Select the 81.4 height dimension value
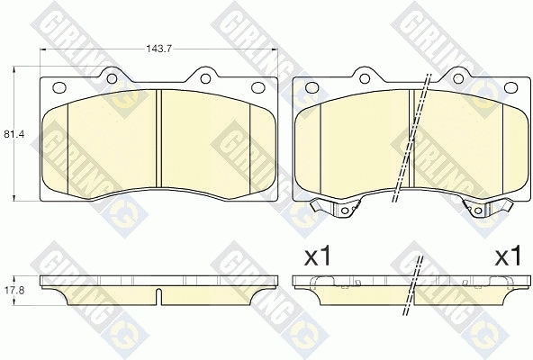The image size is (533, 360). pyautogui.click(x=13, y=134)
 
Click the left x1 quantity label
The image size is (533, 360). pyautogui.click(x=318, y=256)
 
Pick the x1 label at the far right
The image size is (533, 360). pyautogui.click(x=508, y=256)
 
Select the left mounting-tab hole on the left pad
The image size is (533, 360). pyautogui.click(x=111, y=75)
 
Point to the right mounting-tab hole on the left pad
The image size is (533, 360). pyautogui.click(x=206, y=75)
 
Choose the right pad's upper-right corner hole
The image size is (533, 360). pyautogui.click(x=510, y=88)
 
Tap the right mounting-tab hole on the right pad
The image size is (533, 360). pyautogui.click(x=458, y=75)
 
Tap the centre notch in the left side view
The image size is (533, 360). pyautogui.click(x=158, y=296)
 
